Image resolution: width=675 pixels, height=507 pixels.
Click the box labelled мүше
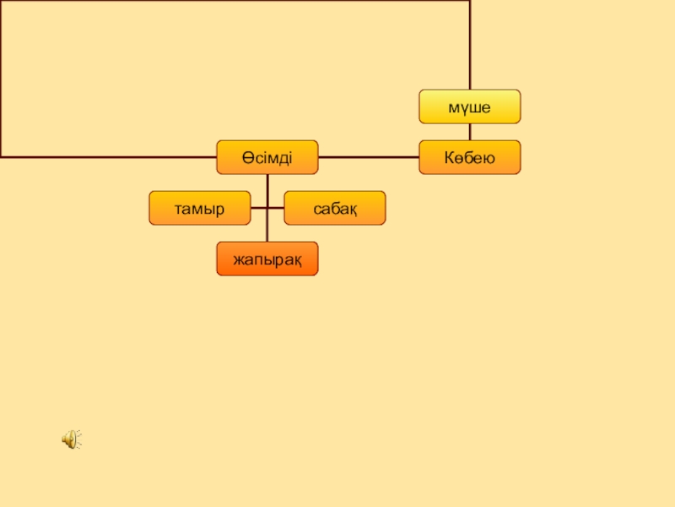[x=470, y=106]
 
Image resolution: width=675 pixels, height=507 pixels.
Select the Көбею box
[x=470, y=157]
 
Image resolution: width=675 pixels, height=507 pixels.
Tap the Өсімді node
[x=267, y=157]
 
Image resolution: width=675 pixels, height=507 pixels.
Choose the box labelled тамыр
[x=199, y=208]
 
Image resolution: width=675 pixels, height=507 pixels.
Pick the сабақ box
[x=334, y=208]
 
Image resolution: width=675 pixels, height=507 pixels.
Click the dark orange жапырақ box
[x=267, y=259]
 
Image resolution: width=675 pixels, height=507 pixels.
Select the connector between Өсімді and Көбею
[x=368, y=157]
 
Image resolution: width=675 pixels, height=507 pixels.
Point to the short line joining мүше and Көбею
[x=470, y=132]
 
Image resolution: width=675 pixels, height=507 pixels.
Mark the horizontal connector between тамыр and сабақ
[x=275, y=208]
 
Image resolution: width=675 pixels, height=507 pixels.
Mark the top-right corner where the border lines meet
[x=470, y=1]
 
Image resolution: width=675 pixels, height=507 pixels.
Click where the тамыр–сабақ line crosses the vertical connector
[x=267, y=208]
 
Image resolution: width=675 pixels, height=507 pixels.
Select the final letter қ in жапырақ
[x=296, y=259]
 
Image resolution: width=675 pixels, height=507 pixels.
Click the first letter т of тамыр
[x=179, y=209]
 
